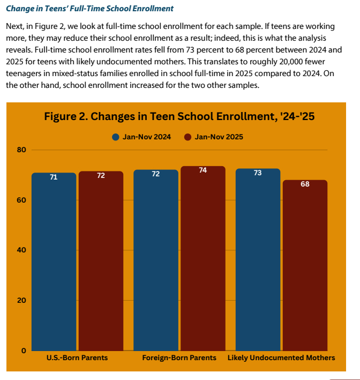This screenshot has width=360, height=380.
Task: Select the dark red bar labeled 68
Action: (305, 265)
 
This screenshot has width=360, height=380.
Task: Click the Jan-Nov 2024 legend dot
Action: (116, 137)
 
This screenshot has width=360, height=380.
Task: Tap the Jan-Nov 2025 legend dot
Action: (188, 137)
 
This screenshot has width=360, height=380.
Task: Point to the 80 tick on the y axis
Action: (21, 150)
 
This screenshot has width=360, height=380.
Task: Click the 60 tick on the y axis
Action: (21, 200)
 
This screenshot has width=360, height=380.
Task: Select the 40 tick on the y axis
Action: (21, 250)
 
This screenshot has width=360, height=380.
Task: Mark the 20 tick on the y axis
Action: (21, 300)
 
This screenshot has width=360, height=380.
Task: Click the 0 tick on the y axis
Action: (23, 351)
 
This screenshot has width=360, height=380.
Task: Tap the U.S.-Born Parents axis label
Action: (77, 357)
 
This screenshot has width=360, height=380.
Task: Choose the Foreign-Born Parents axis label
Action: (179, 357)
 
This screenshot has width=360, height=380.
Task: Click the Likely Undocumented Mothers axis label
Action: (281, 357)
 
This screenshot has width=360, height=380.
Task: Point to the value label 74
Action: (203, 170)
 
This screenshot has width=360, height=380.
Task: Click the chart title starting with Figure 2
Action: (179, 117)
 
